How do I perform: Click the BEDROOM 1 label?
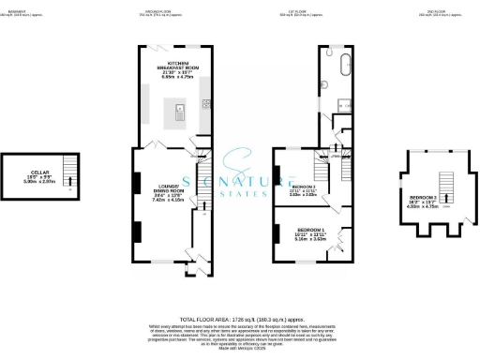tap(311, 233)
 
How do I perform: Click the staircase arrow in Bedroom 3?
tap(445, 196)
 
